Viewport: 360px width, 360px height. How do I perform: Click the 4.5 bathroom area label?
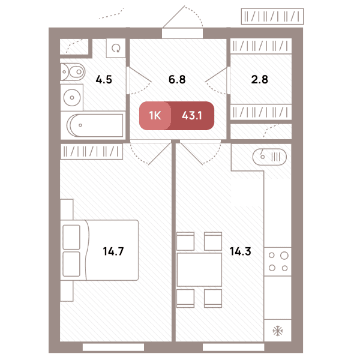click(x=104, y=80)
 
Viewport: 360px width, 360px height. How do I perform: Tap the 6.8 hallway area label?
click(x=177, y=80)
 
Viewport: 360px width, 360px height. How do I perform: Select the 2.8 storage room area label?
click(x=259, y=80)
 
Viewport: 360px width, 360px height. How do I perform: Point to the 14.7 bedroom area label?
click(x=113, y=251)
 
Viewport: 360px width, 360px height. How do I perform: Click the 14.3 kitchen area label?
click(x=241, y=251)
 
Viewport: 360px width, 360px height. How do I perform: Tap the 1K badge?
click(x=155, y=115)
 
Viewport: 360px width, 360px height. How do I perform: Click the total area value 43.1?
click(x=192, y=115)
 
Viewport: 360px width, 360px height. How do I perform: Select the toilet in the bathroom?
click(x=73, y=72)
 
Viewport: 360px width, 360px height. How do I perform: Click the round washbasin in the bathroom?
click(x=72, y=98)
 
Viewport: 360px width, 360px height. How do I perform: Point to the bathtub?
click(x=95, y=125)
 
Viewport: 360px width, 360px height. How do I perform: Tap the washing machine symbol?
click(x=116, y=48)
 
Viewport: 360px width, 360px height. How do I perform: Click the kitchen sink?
click(x=269, y=157)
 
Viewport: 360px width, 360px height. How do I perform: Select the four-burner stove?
click(x=278, y=262)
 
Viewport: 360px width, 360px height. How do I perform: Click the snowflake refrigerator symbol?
click(x=278, y=331)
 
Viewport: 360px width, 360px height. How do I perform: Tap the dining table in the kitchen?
click(x=199, y=270)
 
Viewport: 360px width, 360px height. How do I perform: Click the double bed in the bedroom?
click(x=100, y=250)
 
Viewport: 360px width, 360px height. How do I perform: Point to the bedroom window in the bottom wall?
click(x=113, y=347)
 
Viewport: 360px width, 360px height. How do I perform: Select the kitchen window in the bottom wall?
click(x=233, y=347)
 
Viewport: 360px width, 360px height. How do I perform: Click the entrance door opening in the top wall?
click(x=182, y=33)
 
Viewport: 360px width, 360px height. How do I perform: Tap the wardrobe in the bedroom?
click(x=92, y=152)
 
